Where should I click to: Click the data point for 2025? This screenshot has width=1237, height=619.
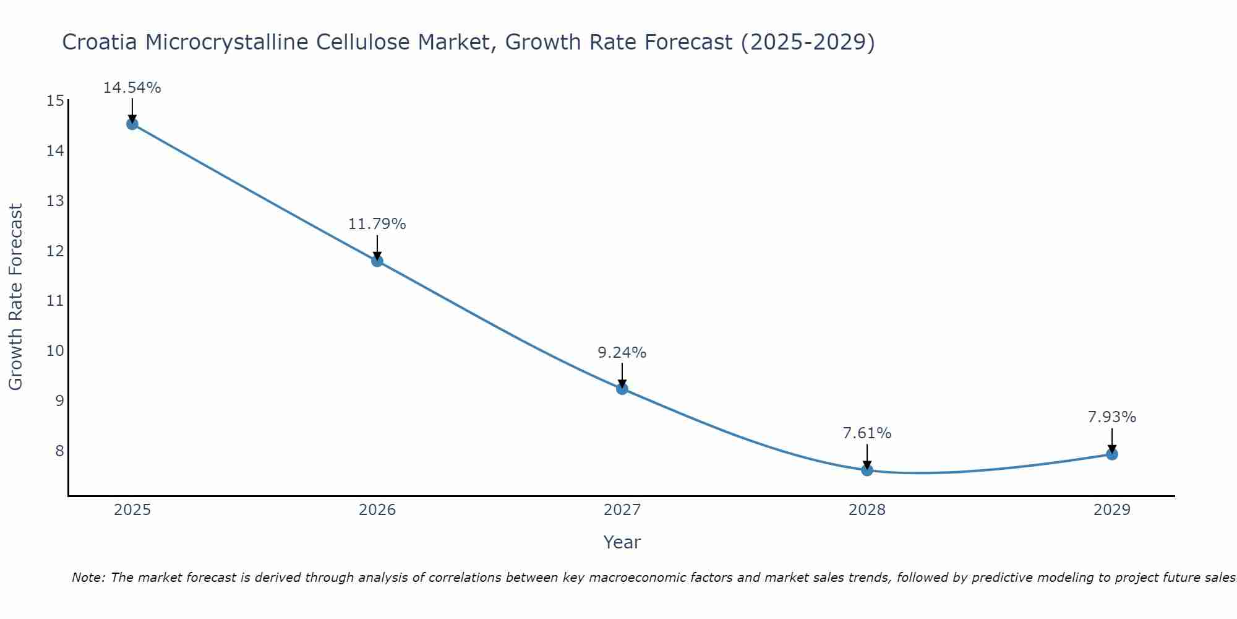coord(132,124)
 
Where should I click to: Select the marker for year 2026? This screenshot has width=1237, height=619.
coord(377,261)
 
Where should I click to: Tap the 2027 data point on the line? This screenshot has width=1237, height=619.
coord(622,389)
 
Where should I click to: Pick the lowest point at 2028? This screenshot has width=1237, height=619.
coord(867,470)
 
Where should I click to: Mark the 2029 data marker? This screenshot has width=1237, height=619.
coord(1112,454)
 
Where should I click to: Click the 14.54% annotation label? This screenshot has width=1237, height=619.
coord(132,88)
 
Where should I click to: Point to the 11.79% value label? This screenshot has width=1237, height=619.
coord(377,224)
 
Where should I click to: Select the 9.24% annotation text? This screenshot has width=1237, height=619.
coord(622,353)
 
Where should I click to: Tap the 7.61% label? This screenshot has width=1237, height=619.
coord(867,433)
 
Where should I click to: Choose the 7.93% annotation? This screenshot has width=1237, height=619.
coord(1112,417)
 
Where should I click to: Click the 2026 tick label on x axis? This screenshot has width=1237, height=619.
coord(377,510)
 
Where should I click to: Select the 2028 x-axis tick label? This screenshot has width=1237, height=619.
coord(867,510)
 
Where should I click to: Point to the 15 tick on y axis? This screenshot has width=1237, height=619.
coord(55,101)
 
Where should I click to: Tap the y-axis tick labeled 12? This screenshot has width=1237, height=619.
coord(55,251)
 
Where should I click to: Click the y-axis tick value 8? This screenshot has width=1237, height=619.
coord(59,451)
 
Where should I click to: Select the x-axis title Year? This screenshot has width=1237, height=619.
coord(622,542)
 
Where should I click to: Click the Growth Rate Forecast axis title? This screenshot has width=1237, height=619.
coord(16,297)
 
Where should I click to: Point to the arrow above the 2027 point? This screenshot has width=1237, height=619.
coord(622,376)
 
